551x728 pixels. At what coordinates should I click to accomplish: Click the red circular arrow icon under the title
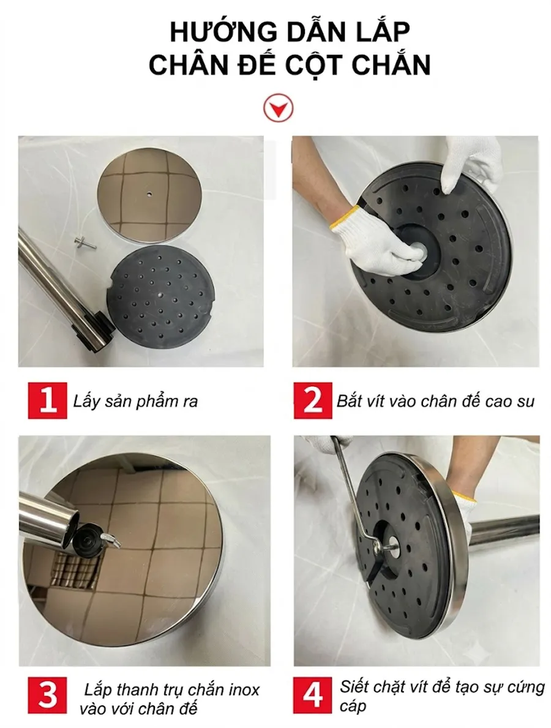(277, 108)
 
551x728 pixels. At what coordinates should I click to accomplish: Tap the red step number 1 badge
(47, 400)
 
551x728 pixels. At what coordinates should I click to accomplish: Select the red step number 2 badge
(312, 400)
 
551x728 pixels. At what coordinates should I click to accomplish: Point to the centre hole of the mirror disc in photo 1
(149, 191)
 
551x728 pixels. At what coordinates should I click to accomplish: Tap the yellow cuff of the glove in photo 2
(345, 217)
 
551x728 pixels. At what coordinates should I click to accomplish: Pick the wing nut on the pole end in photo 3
(109, 539)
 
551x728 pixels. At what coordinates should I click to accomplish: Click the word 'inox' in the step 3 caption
(243, 689)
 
